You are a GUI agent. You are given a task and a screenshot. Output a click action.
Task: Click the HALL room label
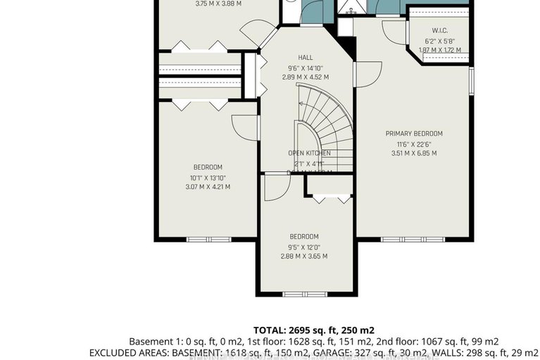[305, 58]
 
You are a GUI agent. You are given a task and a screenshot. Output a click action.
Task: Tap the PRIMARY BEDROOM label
[413, 133]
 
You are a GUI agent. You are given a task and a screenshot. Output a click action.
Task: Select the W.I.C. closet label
[440, 30]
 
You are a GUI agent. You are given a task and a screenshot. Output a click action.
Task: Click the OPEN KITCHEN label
[309, 153]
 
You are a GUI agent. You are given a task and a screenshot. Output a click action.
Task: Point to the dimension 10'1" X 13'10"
[211, 177]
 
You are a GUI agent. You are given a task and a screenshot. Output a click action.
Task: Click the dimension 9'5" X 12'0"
[304, 247]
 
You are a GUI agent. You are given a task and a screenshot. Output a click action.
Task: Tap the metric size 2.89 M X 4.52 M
[305, 77]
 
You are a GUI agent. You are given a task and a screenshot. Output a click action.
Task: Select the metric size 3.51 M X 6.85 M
[413, 153]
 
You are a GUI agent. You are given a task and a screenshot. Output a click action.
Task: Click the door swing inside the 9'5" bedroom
[276, 187]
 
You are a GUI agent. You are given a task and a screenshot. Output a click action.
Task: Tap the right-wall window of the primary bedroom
[470, 78]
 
